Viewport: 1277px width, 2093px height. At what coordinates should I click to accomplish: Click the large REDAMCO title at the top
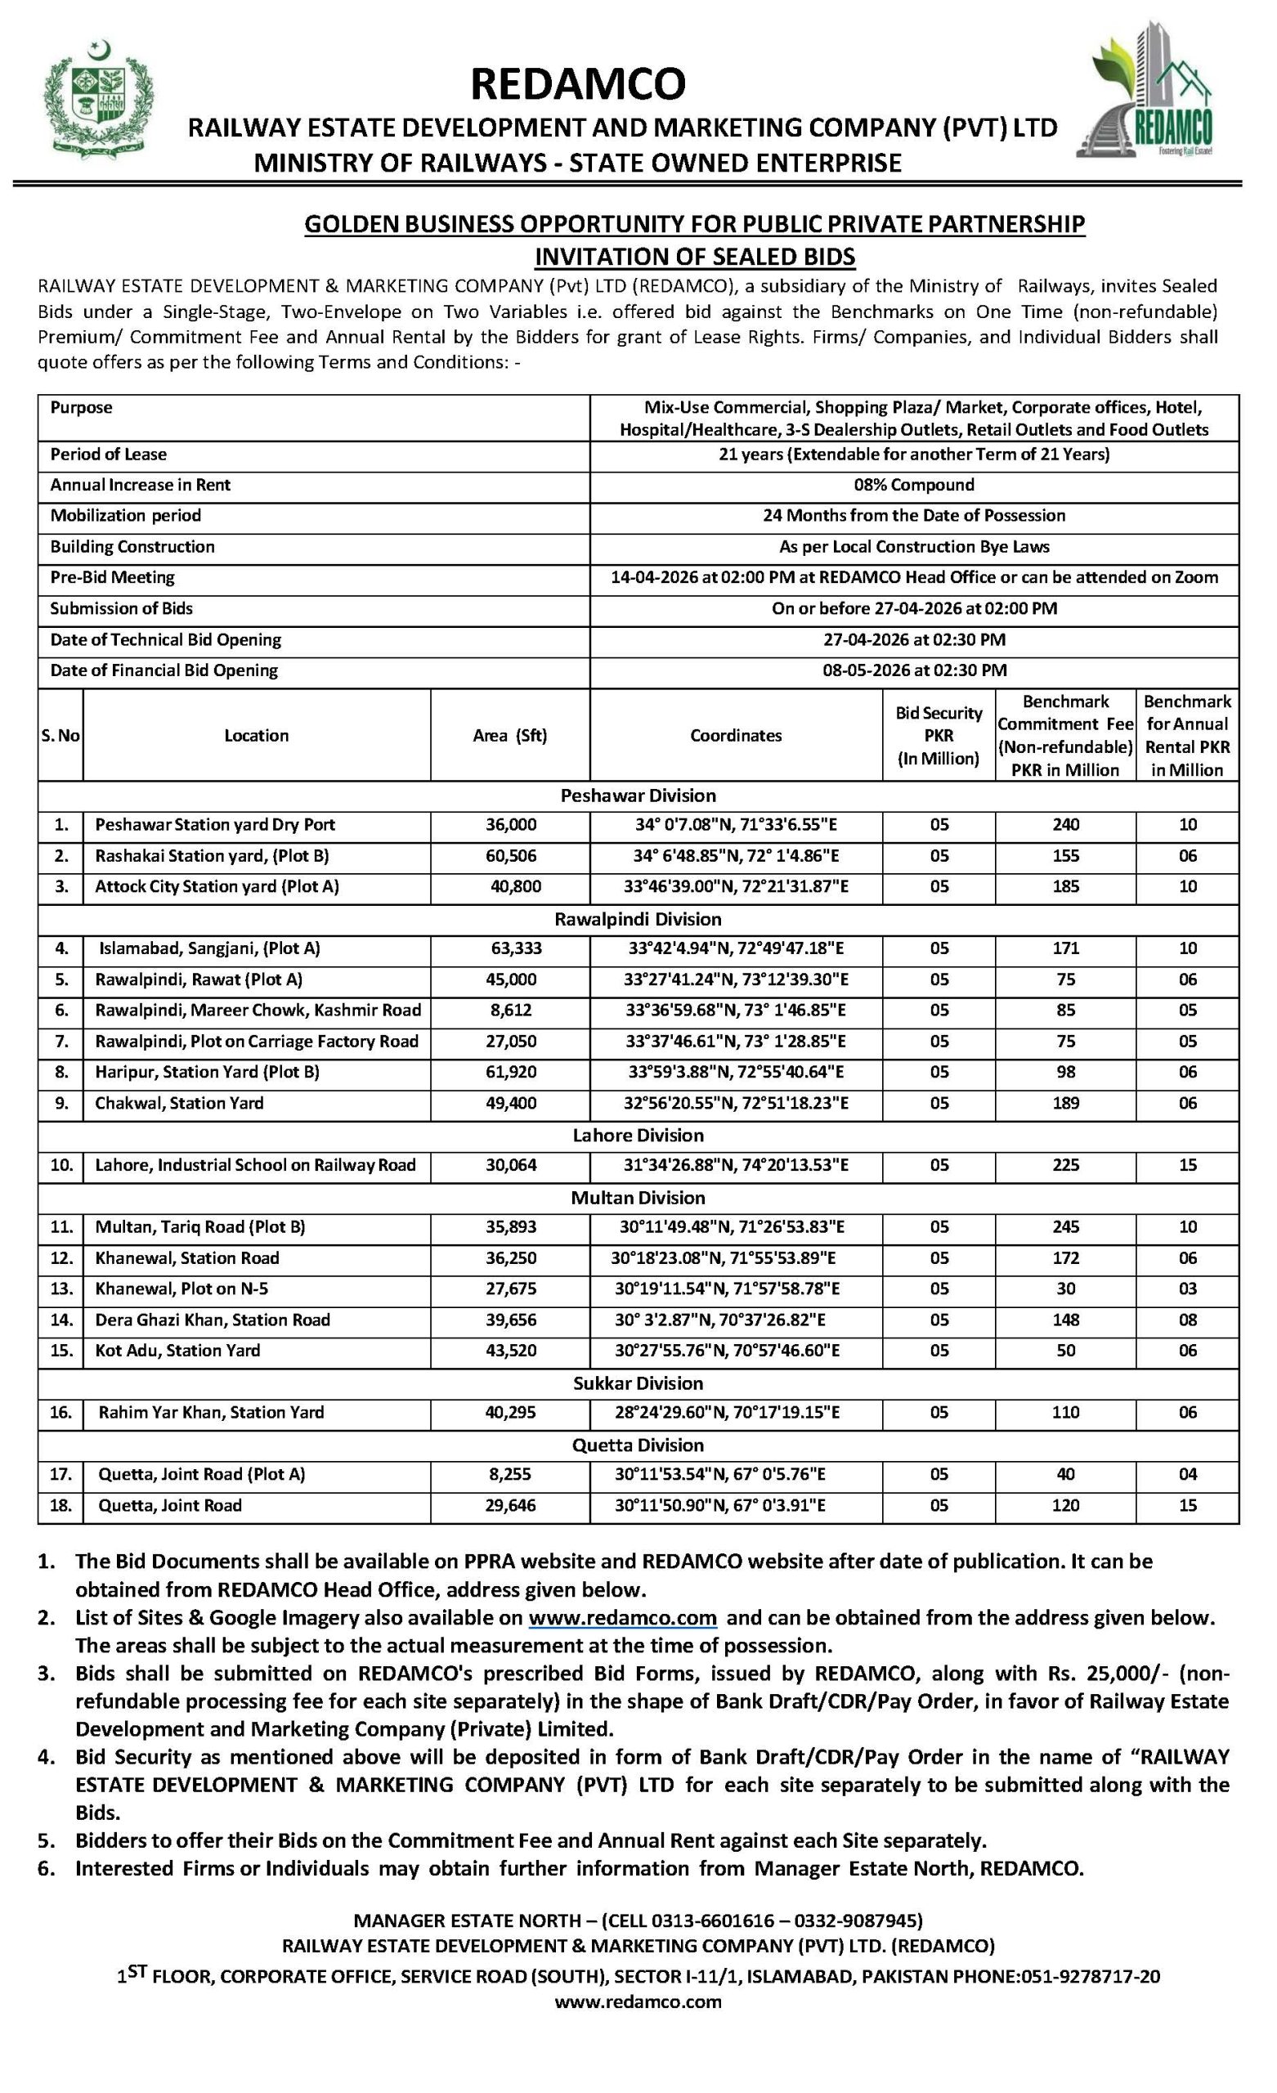pyautogui.click(x=578, y=84)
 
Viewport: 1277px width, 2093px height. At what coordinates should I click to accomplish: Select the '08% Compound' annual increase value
pyautogui.click(x=914, y=485)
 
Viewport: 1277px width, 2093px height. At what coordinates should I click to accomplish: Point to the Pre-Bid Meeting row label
pyautogui.click(x=112, y=577)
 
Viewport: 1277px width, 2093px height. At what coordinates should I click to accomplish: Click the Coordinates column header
pyautogui.click(x=736, y=736)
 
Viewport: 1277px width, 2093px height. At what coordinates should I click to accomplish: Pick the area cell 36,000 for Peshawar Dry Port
pyautogui.click(x=511, y=825)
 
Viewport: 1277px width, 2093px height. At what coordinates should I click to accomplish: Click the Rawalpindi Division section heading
pyautogui.click(x=638, y=919)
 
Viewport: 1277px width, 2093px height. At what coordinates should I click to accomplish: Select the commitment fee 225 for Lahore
pyautogui.click(x=1065, y=1165)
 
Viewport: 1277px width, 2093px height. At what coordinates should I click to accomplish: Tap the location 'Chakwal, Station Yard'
pyautogui.click(x=179, y=1104)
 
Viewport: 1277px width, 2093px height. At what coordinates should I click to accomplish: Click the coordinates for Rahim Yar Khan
pyautogui.click(x=736, y=1413)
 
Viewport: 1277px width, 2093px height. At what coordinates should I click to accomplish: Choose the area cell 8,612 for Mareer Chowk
pyautogui.click(x=511, y=1011)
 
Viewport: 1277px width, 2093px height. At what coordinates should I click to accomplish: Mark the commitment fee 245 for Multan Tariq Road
pyautogui.click(x=1065, y=1227)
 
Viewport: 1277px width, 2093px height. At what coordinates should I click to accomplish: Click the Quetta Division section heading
pyautogui.click(x=638, y=1445)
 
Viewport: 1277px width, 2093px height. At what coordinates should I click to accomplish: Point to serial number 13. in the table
pyautogui.click(x=61, y=1289)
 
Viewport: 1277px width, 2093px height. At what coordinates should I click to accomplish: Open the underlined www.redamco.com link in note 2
pyautogui.click(x=622, y=1618)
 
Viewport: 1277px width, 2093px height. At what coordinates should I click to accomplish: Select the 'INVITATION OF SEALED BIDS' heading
pyautogui.click(x=694, y=257)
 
